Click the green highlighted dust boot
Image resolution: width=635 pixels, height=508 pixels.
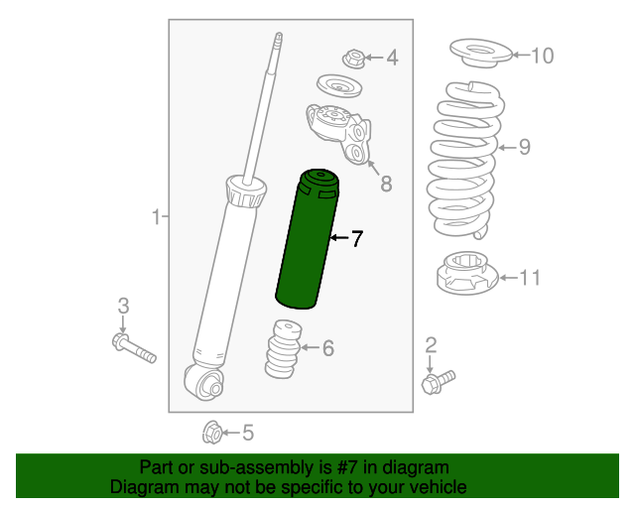307,239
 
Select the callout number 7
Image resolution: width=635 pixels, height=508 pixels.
356,238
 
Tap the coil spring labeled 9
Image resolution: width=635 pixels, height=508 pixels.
465,160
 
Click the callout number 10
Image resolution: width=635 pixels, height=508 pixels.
542,56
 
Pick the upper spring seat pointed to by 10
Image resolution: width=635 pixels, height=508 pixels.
480,53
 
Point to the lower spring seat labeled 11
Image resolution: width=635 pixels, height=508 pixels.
467,273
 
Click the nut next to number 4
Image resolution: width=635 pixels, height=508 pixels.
354,59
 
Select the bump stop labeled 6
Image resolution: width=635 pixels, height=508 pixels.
283,349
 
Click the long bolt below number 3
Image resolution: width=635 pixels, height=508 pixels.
134,348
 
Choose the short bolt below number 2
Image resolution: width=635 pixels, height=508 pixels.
438,382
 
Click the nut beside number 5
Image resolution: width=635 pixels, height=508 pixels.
212,433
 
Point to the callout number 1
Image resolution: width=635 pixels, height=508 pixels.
157,216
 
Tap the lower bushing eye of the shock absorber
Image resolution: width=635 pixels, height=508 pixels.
203,382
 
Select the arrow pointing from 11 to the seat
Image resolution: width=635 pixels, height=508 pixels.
509,278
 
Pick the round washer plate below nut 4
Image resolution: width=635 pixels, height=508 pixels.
339,86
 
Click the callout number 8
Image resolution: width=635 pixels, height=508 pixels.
386,184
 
